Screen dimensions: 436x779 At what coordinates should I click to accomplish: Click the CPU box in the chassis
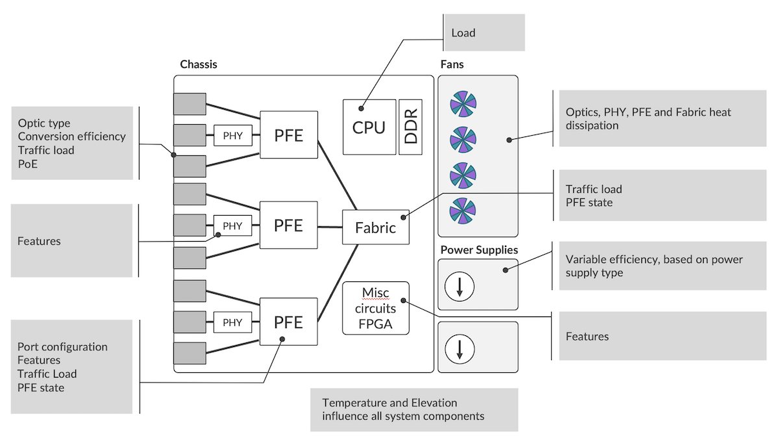pyautogui.click(x=369, y=127)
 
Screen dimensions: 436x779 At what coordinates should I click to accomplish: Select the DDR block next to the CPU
pyautogui.click(x=410, y=127)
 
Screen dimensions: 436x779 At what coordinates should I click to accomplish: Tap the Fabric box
pyautogui.click(x=375, y=228)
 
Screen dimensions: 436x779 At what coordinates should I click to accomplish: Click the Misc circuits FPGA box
pyautogui.click(x=375, y=308)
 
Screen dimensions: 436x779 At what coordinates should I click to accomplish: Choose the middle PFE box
pyautogui.click(x=288, y=225)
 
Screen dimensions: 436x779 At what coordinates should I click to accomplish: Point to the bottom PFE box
pyautogui.click(x=288, y=322)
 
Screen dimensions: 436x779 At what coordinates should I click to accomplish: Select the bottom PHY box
pyautogui.click(x=232, y=322)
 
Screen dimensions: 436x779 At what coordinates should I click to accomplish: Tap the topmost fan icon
pyautogui.click(x=463, y=103)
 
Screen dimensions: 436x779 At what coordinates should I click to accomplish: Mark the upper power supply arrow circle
pyautogui.click(x=460, y=285)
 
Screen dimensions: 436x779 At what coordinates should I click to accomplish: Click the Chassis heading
pyautogui.click(x=198, y=64)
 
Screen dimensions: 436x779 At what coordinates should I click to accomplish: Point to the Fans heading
pyautogui.click(x=452, y=64)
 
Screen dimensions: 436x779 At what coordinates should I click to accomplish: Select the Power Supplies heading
pyautogui.click(x=479, y=250)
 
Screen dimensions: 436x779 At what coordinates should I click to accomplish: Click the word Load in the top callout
pyautogui.click(x=463, y=32)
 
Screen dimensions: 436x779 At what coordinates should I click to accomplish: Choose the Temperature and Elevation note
pyautogui.click(x=403, y=409)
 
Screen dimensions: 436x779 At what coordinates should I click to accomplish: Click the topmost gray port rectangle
pyautogui.click(x=190, y=104)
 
